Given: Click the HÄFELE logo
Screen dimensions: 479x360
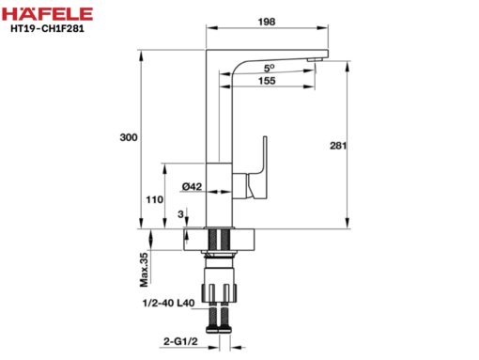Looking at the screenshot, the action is (47, 14).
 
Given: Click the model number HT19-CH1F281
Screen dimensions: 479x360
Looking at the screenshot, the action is (47, 28).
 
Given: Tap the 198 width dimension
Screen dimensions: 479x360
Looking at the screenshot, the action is (267, 22).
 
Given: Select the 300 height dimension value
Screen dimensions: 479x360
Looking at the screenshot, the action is (129, 137).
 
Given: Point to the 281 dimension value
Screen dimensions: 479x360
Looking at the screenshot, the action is (338, 146).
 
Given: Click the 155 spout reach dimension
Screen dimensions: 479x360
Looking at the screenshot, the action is (267, 81).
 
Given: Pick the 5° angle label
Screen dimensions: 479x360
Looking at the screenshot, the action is (269, 68).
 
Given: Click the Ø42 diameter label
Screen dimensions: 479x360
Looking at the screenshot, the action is (192, 186).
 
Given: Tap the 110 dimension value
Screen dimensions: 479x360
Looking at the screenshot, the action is (155, 199).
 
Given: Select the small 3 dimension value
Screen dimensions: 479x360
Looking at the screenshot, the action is (180, 214).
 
